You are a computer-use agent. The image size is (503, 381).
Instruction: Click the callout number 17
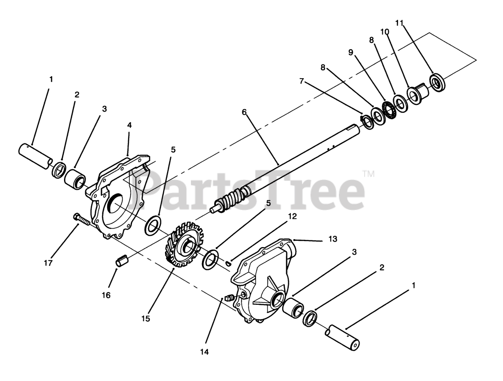coord(48,263)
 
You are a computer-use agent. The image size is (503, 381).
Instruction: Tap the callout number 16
coord(106,295)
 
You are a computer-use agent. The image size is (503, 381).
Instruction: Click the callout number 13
coord(333,239)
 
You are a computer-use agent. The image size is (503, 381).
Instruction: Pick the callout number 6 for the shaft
coord(244,112)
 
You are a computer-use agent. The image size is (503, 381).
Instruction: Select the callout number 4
coord(129,125)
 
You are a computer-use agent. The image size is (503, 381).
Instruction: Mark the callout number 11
coord(399,23)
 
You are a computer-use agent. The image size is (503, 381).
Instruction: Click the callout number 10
coord(385,31)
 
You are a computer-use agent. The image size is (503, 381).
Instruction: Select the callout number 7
coord(302,81)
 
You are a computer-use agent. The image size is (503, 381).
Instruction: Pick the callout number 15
coord(145,319)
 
